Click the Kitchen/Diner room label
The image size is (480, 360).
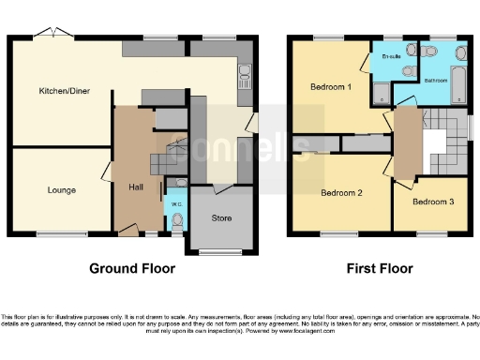(57, 91)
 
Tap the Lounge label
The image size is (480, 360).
(61, 190)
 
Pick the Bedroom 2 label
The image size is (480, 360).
(341, 194)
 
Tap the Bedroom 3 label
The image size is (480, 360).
(433, 202)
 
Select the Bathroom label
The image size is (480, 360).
(437, 81)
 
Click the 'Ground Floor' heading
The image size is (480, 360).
(131, 268)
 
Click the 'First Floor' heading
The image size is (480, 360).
(381, 268)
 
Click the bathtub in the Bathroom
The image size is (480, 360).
(457, 85)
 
